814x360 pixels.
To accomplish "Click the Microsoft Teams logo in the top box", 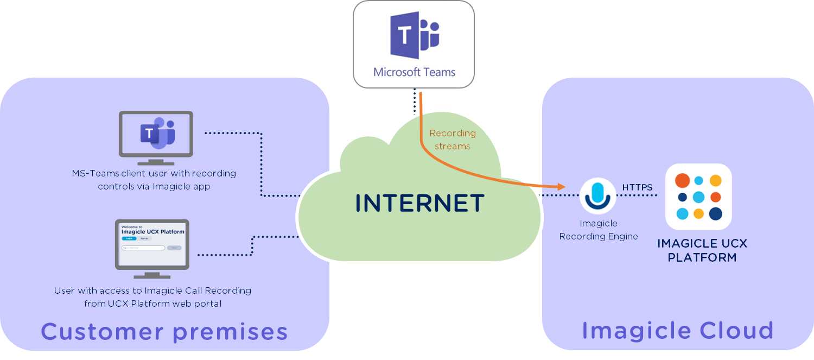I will click(414, 35).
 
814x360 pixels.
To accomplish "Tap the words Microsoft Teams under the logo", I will click(414, 72).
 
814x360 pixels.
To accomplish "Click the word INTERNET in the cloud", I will click(419, 203).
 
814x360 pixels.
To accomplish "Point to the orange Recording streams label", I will click(453, 140).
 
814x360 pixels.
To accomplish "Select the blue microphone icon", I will click(597, 195).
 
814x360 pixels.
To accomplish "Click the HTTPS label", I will click(637, 187).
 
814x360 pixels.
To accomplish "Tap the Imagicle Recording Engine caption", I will click(599, 230).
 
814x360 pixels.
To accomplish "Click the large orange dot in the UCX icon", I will click(682, 181).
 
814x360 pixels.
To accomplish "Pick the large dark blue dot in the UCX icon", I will click(715, 213).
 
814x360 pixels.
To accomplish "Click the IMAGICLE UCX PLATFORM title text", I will click(702, 250).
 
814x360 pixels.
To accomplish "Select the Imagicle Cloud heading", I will click(678, 330).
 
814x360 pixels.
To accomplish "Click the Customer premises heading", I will click(164, 331).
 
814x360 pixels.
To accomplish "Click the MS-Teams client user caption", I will click(154, 180).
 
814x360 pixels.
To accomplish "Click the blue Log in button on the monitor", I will click(129, 238).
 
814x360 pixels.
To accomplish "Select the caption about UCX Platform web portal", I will click(152, 297).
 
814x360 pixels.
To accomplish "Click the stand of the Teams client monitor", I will click(156, 161).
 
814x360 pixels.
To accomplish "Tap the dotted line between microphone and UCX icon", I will click(640, 195).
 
